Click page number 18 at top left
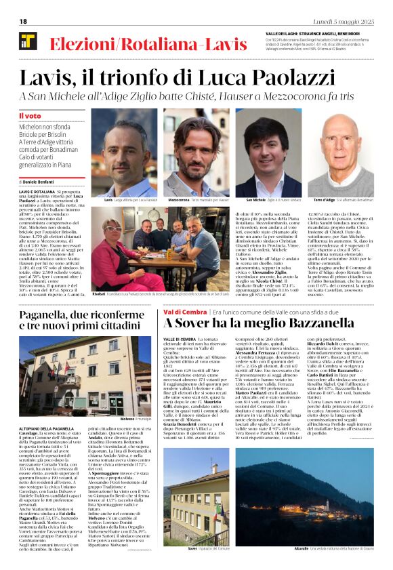click(x=22, y=21)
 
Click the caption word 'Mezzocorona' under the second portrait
click(x=179, y=201)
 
